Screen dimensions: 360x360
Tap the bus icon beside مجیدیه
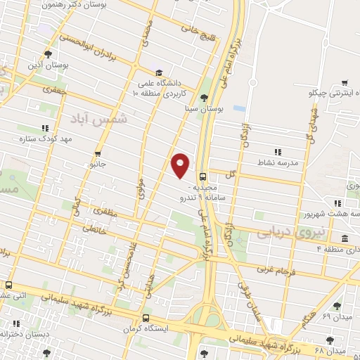(x=203, y=177)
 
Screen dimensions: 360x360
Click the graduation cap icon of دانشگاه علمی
(x=159, y=72)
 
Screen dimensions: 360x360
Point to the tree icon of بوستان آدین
(x=49, y=53)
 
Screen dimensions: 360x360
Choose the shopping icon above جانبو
(x=98, y=153)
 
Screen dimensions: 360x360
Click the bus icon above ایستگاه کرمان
(x=146, y=317)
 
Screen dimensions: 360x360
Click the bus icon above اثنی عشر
(x=9, y=285)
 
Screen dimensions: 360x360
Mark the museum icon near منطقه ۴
(x=345, y=238)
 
